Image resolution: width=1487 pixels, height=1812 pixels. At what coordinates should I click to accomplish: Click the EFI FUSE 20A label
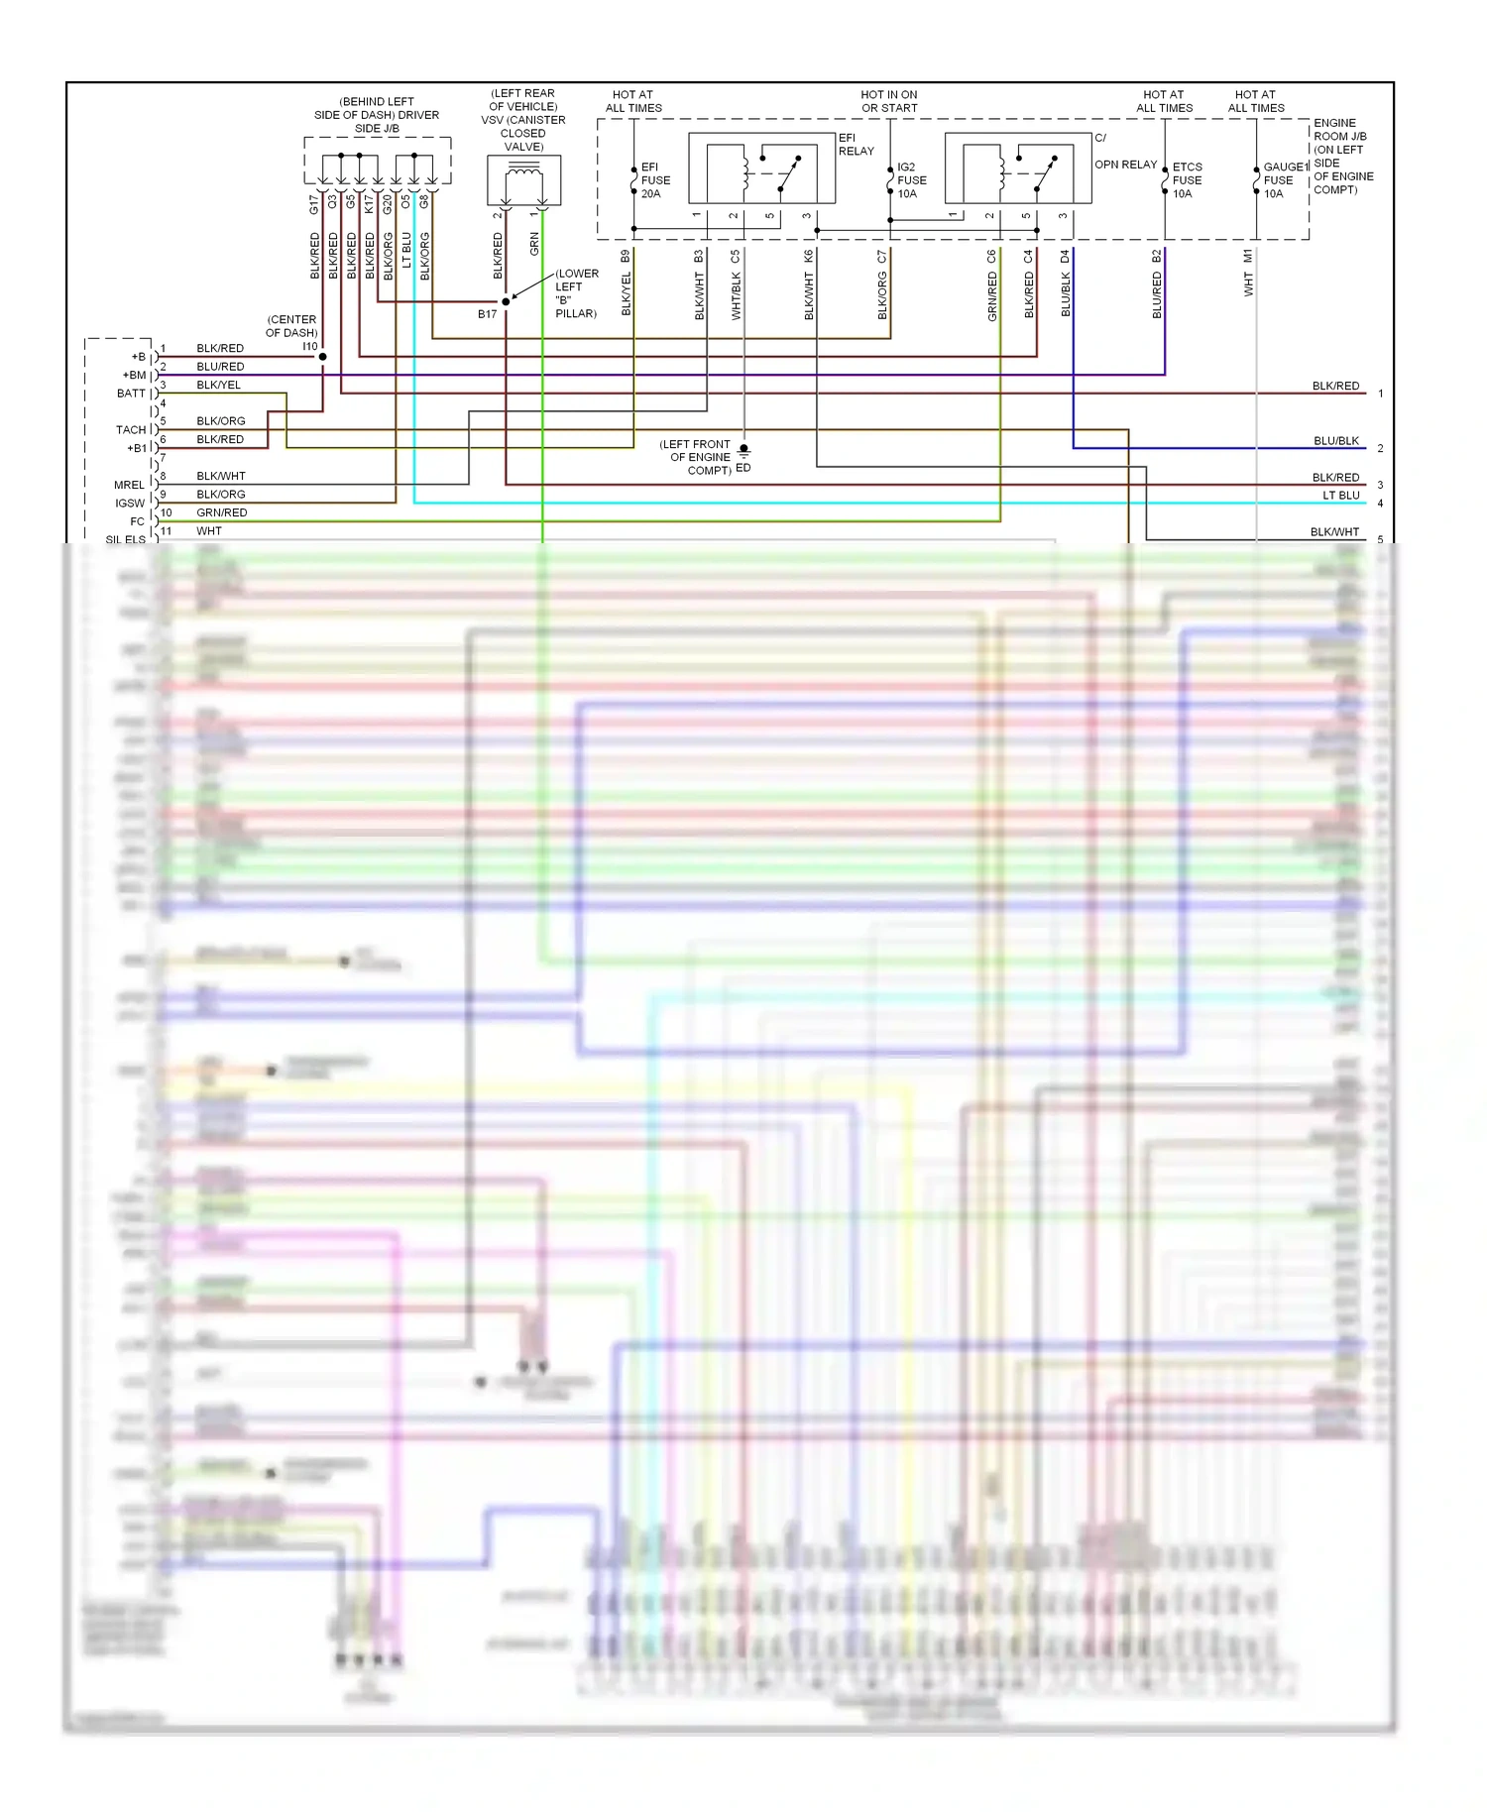tap(654, 180)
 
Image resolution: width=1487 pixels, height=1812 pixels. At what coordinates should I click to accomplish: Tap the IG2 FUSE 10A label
tap(911, 180)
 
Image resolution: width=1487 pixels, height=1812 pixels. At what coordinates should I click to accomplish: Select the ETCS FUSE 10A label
tap(1187, 180)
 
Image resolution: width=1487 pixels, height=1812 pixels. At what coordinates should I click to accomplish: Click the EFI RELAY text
tap(856, 145)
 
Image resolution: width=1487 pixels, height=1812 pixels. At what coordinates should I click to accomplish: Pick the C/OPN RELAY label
tap(1125, 159)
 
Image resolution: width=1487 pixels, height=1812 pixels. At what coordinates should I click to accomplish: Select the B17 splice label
tap(487, 314)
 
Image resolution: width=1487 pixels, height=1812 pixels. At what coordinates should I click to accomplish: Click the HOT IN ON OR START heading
tap(889, 101)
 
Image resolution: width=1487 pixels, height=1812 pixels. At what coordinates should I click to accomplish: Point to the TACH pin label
tap(130, 430)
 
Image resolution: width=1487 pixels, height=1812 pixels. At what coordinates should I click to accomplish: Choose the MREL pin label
tap(129, 485)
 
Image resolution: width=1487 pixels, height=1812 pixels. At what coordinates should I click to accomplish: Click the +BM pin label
tap(134, 376)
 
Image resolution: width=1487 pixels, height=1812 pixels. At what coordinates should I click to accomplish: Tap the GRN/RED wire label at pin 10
tap(221, 512)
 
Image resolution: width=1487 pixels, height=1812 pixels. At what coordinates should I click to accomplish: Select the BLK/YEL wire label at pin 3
tap(218, 385)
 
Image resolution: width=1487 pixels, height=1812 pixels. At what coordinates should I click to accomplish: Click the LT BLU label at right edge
tap(1340, 496)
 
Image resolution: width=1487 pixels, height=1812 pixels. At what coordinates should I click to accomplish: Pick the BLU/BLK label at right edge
tap(1335, 441)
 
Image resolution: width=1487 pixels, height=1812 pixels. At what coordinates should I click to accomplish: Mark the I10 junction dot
tap(322, 357)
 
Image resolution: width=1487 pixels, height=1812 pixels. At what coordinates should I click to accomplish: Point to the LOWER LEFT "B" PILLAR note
tap(576, 293)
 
